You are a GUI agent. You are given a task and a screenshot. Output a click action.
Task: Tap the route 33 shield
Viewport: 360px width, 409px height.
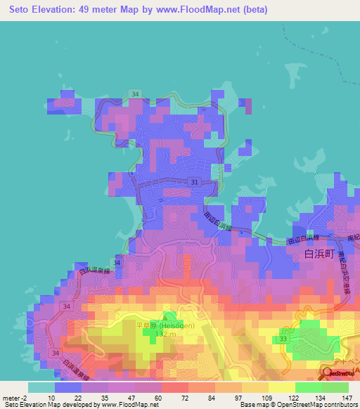pos(283,339)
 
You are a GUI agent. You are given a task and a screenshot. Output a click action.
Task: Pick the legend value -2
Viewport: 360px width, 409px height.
pos(27,398)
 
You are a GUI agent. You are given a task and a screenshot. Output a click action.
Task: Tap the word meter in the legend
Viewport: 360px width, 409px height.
pos(11,398)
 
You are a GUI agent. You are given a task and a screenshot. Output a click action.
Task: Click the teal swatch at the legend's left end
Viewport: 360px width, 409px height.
pos(41,387)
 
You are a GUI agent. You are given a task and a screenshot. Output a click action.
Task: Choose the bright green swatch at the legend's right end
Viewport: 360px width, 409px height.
pos(335,387)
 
